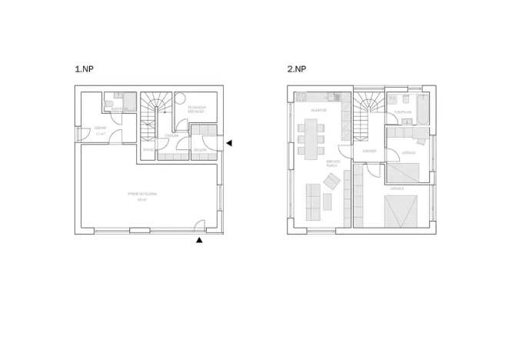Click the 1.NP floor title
[x=84, y=69]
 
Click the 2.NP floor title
[x=297, y=69]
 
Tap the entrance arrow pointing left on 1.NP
[x=228, y=143]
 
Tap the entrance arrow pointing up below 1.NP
[x=199, y=241]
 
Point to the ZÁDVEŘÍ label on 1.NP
[x=198, y=149]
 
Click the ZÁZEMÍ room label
[x=100, y=129]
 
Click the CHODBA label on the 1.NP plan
[x=171, y=135]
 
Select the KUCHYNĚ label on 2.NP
[x=319, y=110]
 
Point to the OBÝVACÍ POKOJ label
[x=332, y=163]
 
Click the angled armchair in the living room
[x=331, y=182]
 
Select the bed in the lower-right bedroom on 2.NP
[x=401, y=209]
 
